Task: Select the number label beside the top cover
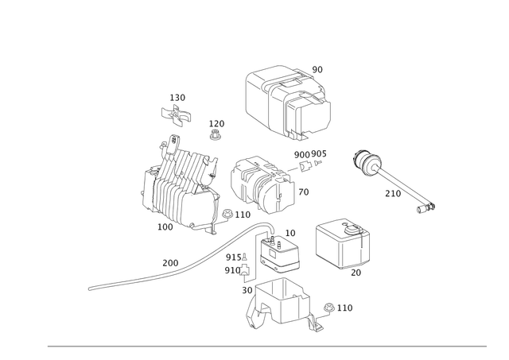(318, 68)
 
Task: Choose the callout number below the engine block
(165, 228)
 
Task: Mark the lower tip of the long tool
(428, 208)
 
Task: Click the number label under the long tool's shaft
(391, 192)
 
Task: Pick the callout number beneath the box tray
(356, 273)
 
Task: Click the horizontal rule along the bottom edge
(266, 346)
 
